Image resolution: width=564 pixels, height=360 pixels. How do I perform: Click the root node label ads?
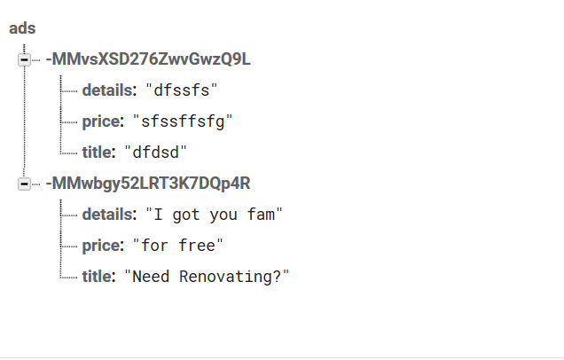(x=22, y=28)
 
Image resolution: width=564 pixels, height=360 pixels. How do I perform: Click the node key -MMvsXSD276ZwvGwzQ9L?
(x=148, y=59)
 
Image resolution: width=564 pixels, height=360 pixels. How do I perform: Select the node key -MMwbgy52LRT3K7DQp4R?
(x=148, y=184)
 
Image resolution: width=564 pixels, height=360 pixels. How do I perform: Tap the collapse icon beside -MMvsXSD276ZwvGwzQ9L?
(x=24, y=59)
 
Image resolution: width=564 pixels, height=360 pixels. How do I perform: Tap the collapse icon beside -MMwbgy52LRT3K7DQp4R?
(x=24, y=184)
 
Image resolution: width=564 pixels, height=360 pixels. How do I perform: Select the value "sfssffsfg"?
(x=183, y=121)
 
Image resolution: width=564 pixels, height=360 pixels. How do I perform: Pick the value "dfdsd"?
(x=155, y=153)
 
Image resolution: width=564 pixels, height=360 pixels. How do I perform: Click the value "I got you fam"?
(x=214, y=215)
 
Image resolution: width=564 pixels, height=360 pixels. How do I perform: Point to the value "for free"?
(x=177, y=246)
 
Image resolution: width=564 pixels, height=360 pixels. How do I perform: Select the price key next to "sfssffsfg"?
(x=101, y=121)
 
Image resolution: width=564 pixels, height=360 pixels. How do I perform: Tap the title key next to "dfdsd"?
(x=97, y=153)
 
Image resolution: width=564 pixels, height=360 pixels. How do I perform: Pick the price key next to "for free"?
(x=101, y=246)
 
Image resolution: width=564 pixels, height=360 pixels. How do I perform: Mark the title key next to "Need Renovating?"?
(x=97, y=277)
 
